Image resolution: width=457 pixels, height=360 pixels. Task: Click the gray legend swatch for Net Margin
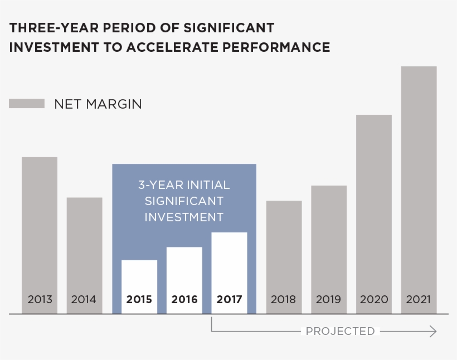coord(27,104)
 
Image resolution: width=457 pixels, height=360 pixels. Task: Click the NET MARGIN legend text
coord(98,104)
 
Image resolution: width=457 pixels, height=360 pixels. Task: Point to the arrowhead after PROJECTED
coord(433,332)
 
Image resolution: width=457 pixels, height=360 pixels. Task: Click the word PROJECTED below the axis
coord(340,332)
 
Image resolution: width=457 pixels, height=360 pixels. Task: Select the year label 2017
coord(229,300)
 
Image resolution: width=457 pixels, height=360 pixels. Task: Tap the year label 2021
coord(419,300)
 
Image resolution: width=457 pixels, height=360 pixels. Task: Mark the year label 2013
coord(40,300)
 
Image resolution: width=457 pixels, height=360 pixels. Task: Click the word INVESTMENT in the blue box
coord(184,217)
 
